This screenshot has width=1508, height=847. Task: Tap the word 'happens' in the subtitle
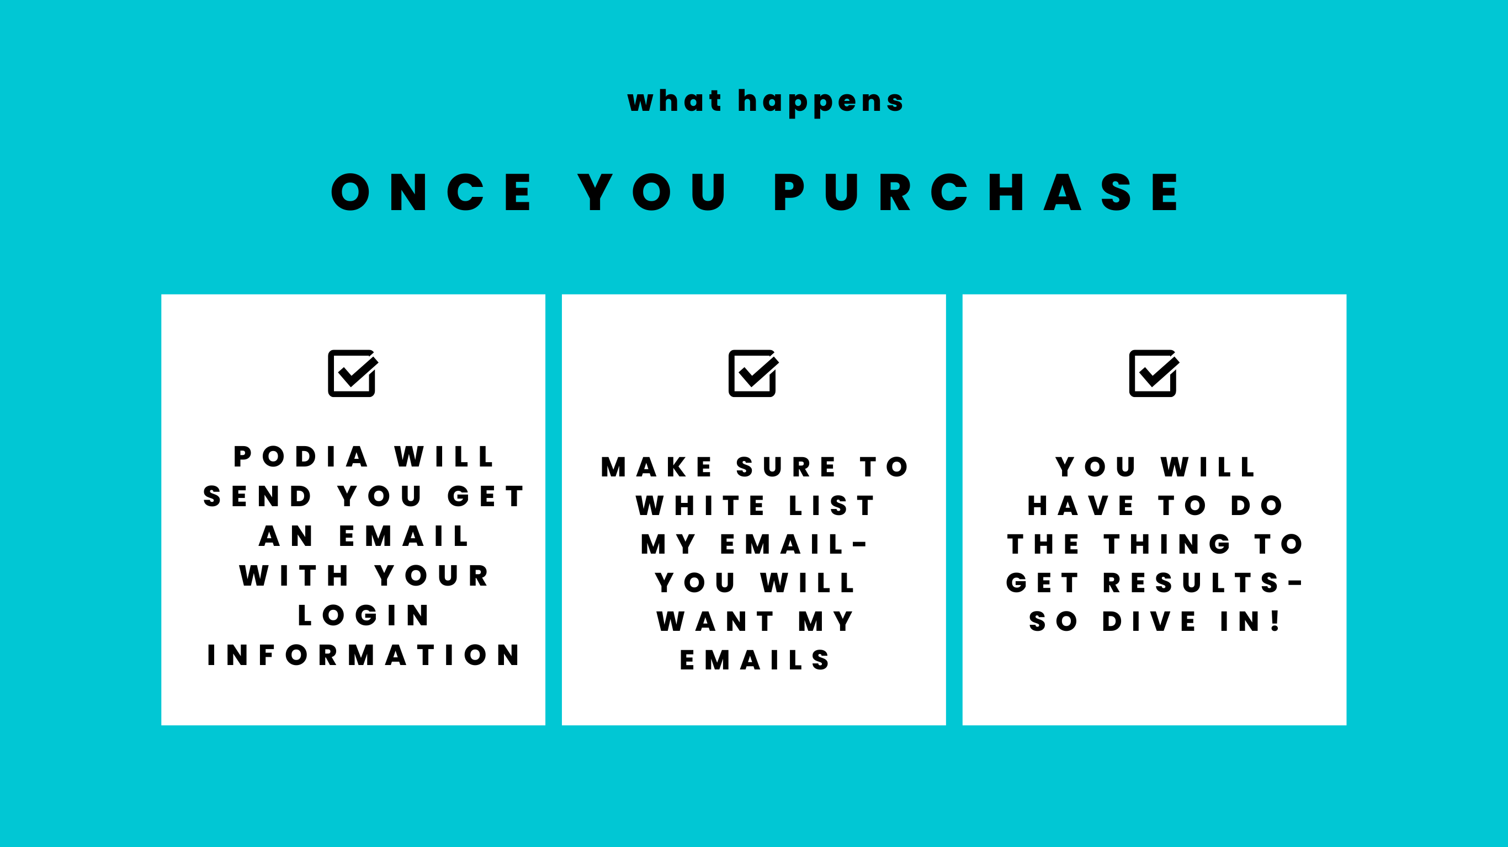(x=821, y=103)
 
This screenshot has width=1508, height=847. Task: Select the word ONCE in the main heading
(x=432, y=192)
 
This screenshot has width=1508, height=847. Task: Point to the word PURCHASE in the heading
(x=976, y=192)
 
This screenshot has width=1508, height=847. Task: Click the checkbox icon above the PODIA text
(x=352, y=373)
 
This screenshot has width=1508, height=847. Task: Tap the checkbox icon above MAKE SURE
(x=753, y=373)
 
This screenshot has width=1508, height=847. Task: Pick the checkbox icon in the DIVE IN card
(x=1153, y=373)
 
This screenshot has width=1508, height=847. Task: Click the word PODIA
(x=301, y=457)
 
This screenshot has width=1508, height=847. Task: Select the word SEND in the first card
(x=257, y=497)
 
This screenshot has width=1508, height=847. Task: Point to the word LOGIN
(x=364, y=615)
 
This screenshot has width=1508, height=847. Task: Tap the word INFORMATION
(x=364, y=655)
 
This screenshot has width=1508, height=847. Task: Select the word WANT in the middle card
(x=715, y=622)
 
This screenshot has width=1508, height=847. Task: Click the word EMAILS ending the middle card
(x=754, y=661)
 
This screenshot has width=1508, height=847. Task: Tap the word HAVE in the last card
(x=1081, y=506)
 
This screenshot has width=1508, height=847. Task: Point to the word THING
(x=1167, y=545)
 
